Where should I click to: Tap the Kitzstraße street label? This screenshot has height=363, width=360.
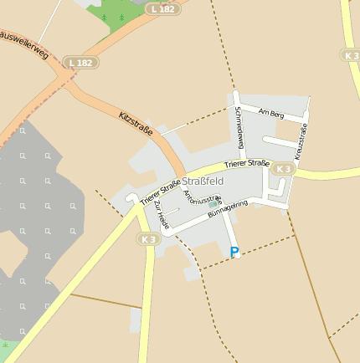click(x=136, y=122)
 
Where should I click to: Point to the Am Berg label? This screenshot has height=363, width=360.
click(x=272, y=112)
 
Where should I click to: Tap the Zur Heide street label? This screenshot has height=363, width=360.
click(x=162, y=217)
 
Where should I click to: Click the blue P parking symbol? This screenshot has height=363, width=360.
click(x=234, y=251)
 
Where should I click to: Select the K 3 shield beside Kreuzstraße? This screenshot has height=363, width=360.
click(x=285, y=169)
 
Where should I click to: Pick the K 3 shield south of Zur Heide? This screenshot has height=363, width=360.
click(x=148, y=239)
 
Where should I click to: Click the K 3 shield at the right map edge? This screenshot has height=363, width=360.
click(x=351, y=54)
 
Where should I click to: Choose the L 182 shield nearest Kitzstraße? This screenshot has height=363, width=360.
click(x=81, y=63)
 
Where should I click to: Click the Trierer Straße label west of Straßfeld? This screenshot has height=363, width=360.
click(x=160, y=192)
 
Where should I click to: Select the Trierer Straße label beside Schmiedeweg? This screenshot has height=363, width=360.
click(x=246, y=166)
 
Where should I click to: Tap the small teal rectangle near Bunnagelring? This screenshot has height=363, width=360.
click(x=213, y=203)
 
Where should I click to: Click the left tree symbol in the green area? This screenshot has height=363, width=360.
click(x=105, y=17)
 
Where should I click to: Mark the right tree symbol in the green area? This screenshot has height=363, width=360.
click(x=121, y=17)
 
